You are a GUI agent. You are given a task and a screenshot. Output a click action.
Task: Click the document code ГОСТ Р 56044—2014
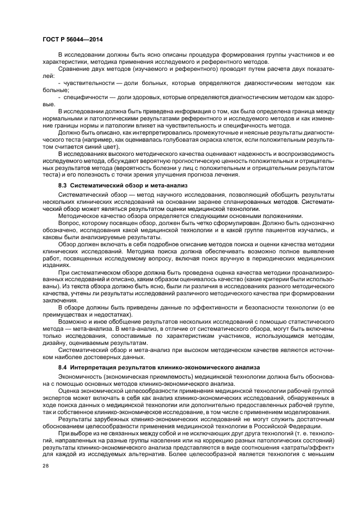(72, 39)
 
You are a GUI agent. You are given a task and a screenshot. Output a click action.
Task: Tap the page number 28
(45, 466)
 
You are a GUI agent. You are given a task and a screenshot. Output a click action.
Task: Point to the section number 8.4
(64, 368)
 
